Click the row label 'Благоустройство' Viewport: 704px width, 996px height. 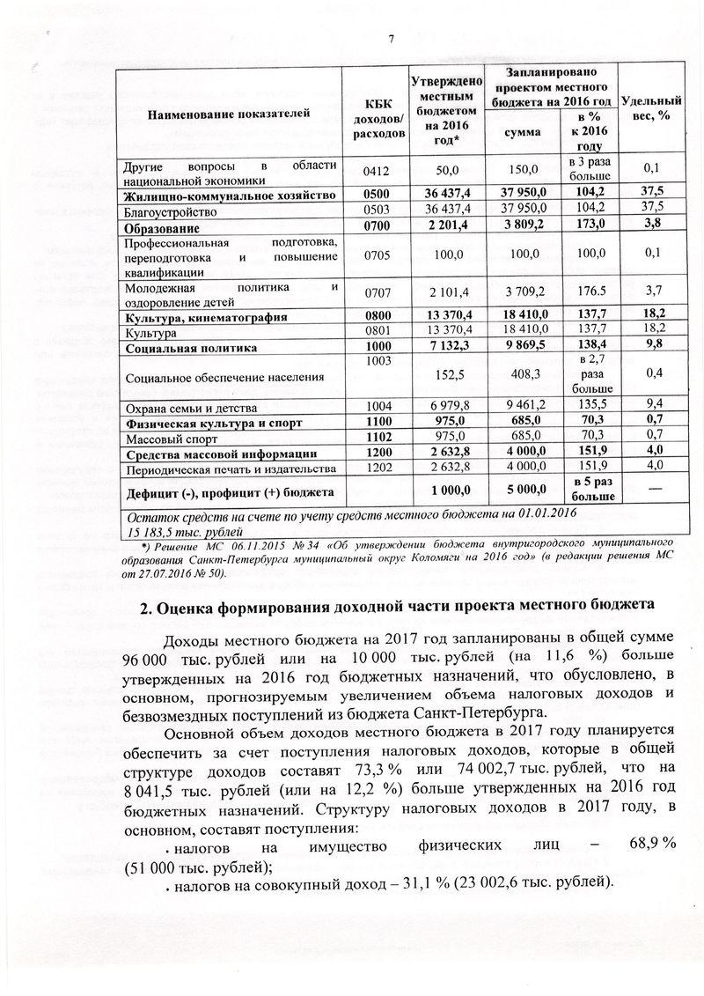tap(172, 212)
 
